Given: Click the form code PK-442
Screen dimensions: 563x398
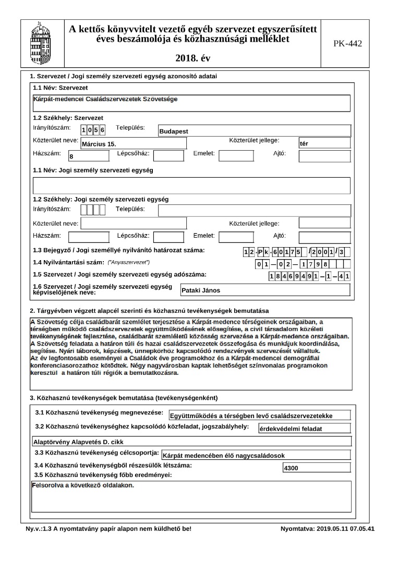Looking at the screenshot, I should pos(347,43).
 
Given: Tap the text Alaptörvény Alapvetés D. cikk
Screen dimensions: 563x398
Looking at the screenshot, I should pos(74,442).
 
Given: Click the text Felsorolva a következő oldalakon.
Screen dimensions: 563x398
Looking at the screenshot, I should pos(83,485).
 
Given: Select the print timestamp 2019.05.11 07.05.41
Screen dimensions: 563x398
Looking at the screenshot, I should pos(327,529).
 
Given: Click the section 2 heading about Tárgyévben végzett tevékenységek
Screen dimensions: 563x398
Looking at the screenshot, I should pos(149,311).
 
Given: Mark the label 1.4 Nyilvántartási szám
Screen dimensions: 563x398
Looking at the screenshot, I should pos(68,262).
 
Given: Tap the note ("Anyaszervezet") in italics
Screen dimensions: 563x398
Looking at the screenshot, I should pos(128,262).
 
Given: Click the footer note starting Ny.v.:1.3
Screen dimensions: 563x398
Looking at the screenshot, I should pos(108,529).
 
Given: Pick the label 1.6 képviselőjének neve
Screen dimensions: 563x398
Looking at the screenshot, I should pos(102,289).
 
